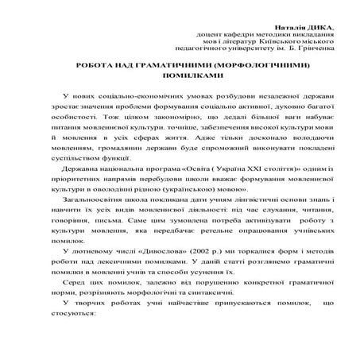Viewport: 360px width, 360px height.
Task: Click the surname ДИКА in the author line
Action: pos(322,25)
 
